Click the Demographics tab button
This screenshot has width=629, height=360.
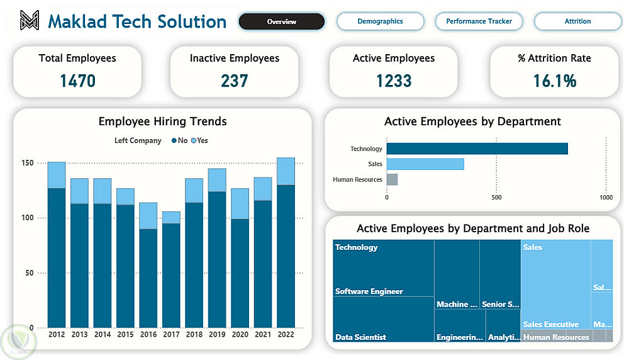click(x=380, y=21)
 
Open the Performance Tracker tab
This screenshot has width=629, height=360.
click(x=479, y=21)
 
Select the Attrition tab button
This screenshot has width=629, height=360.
click(x=577, y=21)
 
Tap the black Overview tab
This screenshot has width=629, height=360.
click(x=281, y=21)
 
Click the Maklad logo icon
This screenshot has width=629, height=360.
click(x=29, y=21)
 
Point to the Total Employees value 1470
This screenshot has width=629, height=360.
click(x=77, y=81)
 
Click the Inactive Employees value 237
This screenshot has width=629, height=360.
click(x=234, y=81)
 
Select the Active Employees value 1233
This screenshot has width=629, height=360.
click(x=394, y=81)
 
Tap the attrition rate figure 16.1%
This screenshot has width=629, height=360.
click(x=554, y=81)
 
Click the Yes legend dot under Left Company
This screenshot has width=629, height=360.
click(x=194, y=141)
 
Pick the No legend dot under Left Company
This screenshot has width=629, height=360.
click(x=174, y=141)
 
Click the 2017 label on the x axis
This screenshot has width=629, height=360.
click(x=171, y=335)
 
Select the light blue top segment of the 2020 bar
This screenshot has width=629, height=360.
click(x=240, y=203)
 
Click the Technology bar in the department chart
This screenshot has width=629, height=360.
click(x=477, y=149)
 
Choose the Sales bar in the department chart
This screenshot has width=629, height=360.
click(x=425, y=164)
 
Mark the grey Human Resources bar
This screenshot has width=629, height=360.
click(x=392, y=179)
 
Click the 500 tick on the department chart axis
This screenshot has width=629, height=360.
click(x=496, y=197)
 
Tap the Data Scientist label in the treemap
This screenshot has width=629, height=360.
click(x=360, y=337)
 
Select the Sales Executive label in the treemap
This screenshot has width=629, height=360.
click(x=550, y=325)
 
